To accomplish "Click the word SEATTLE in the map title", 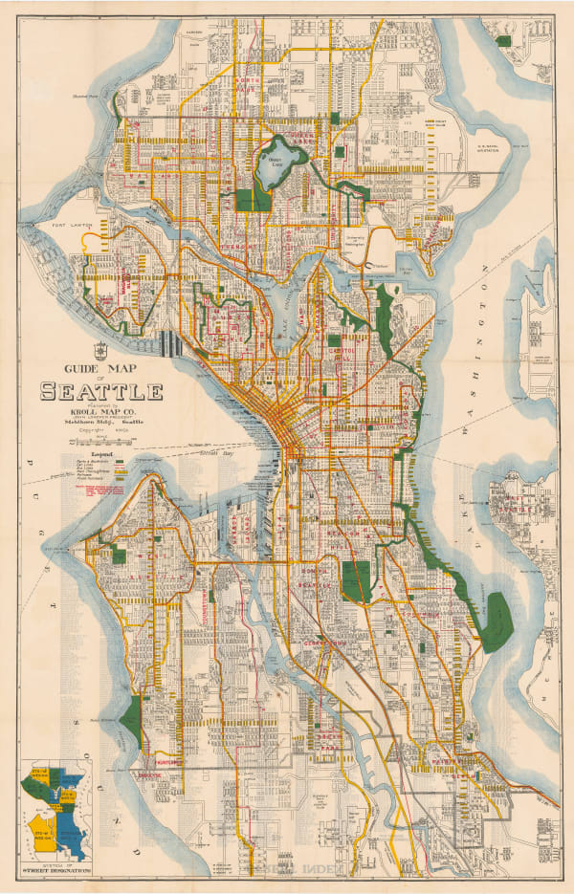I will [x=101, y=391].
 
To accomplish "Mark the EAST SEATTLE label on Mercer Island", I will [x=520, y=504].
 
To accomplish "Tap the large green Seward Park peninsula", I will [x=496, y=621].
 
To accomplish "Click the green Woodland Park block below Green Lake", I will [x=254, y=199].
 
